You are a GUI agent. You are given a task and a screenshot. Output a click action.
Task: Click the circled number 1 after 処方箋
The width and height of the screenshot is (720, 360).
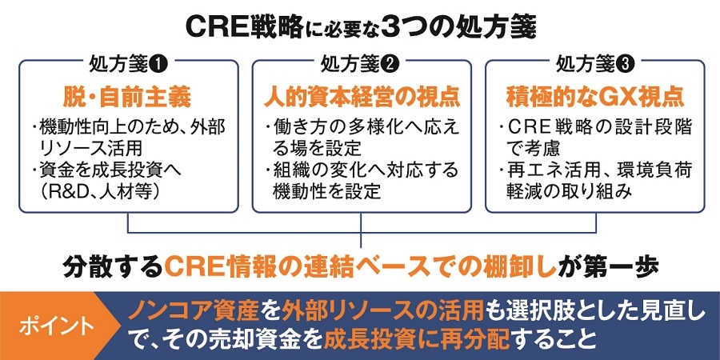[154, 62]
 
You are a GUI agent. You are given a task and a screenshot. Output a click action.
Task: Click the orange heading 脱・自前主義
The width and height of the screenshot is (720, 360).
[127, 98]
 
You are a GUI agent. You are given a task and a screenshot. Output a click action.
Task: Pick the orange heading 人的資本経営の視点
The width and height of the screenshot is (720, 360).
[362, 98]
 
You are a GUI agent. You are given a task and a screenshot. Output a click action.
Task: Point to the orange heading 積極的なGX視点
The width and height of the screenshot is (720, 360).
[596, 98]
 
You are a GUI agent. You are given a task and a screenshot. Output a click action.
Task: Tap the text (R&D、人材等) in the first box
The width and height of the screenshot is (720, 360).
[94, 192]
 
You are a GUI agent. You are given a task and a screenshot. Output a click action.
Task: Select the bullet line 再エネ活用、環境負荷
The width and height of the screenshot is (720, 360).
[594, 170]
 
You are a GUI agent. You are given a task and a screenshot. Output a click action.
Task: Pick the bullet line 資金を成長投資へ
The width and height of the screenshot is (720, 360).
[103, 170]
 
